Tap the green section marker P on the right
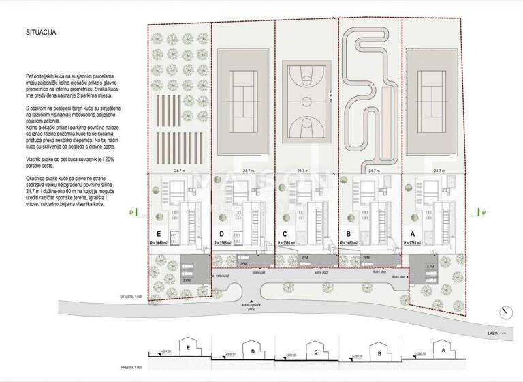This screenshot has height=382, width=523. coord(484,214)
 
